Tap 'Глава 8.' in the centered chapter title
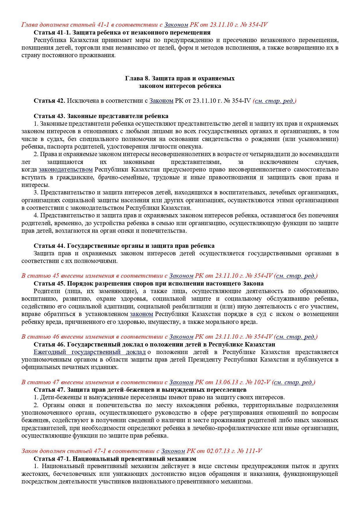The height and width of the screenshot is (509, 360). click(x=138, y=78)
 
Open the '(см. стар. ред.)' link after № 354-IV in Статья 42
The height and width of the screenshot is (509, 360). click(x=275, y=101)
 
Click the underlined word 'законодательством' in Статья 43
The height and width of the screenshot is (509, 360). click(x=66, y=169)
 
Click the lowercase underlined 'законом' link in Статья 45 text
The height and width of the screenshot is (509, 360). click(x=141, y=314)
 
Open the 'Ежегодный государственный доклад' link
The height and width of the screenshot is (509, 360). click(x=89, y=352)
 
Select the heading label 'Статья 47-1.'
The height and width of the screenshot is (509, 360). click(x=52, y=459)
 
